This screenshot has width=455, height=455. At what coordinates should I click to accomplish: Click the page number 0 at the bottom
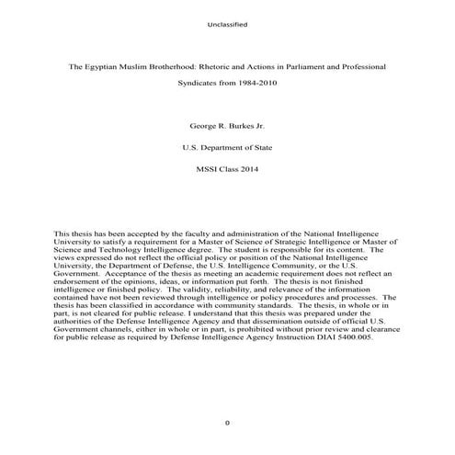point(227,422)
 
